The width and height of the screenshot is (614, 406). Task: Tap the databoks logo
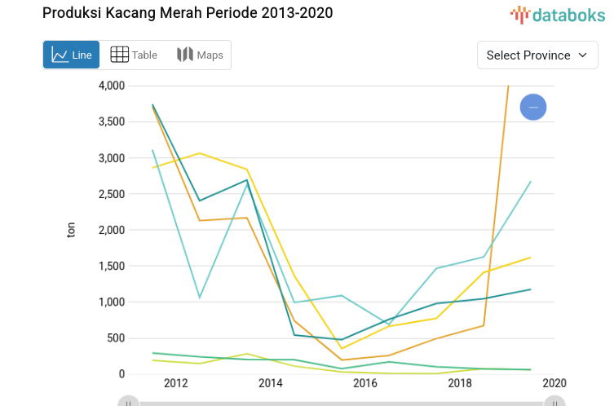(558, 14)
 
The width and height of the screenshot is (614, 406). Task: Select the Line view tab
(72, 55)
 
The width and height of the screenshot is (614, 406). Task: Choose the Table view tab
(134, 55)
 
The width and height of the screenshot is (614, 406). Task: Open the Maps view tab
(200, 55)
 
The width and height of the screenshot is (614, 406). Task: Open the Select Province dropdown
(537, 55)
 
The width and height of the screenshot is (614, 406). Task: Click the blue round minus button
(533, 107)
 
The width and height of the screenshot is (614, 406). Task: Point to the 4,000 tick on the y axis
(111, 86)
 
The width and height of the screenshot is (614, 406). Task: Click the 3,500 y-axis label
(111, 121)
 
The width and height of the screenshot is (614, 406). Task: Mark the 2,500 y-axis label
(111, 194)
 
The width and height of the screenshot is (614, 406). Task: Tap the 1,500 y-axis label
(111, 266)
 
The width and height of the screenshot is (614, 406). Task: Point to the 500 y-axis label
(116, 338)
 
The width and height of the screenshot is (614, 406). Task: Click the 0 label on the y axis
(121, 374)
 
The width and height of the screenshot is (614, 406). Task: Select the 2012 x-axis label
(175, 383)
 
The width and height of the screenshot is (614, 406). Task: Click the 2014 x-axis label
(270, 383)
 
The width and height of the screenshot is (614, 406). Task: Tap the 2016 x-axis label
(364, 383)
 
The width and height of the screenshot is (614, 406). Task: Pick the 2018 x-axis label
(459, 383)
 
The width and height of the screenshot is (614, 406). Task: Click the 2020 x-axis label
(554, 383)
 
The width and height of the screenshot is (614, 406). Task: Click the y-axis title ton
(71, 230)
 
